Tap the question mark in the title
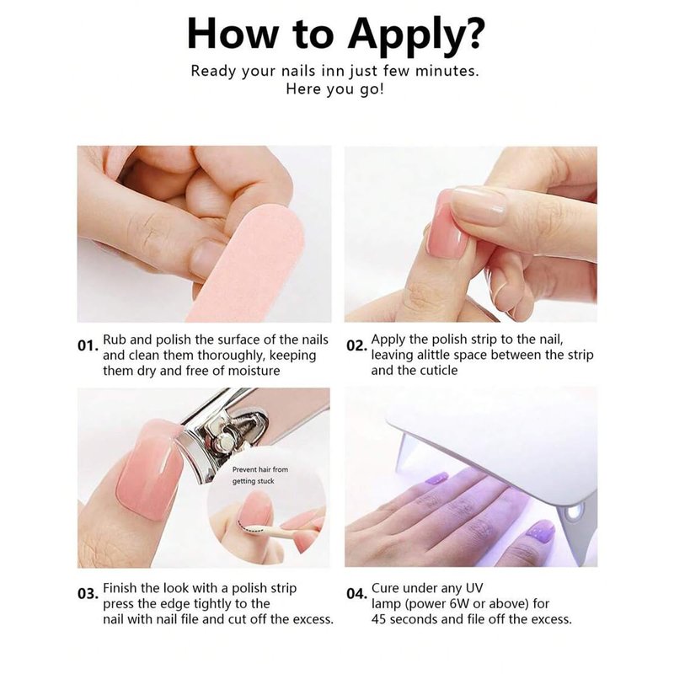coord(471,33)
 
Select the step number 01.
coord(88,345)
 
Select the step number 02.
coord(356,345)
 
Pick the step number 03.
coord(88,594)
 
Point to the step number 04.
coord(356,594)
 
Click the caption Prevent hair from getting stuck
coord(260,475)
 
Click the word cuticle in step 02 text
coord(438,370)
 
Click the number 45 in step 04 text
coord(379,619)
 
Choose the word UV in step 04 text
coord(473,588)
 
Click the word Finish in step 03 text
coord(120,588)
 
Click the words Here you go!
coord(334,89)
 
